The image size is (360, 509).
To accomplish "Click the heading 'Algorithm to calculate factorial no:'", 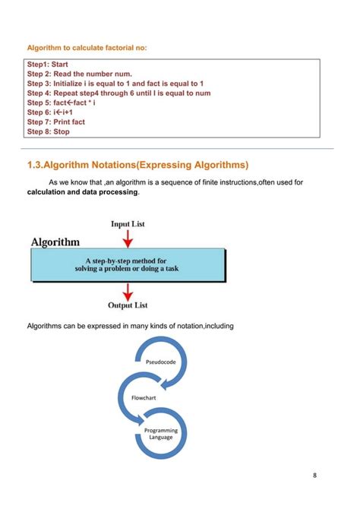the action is [x=87, y=49].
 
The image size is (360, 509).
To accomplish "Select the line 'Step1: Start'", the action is [x=48, y=65].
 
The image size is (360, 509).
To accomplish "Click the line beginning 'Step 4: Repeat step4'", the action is [x=118, y=93].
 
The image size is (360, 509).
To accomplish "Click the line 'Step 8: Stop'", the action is [x=48, y=131].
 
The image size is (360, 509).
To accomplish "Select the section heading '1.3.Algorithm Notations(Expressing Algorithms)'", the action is [x=137, y=165].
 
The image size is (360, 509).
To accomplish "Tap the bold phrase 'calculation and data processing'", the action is [x=83, y=192].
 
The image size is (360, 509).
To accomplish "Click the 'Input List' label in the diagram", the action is [x=128, y=224].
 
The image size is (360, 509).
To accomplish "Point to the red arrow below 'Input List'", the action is [x=128, y=238].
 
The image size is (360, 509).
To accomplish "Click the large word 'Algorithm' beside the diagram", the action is [x=55, y=242].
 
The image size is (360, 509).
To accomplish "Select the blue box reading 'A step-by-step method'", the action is [x=127, y=264].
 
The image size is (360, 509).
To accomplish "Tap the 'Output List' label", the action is [x=128, y=305].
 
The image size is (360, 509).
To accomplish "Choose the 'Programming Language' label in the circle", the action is [x=160, y=434].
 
